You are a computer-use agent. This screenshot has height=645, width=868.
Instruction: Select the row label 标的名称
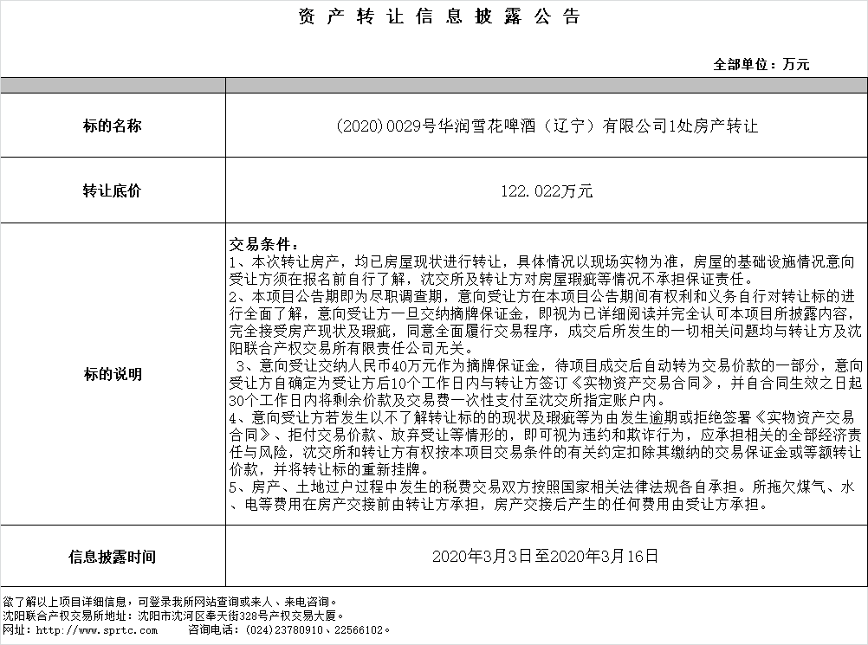click(x=112, y=126)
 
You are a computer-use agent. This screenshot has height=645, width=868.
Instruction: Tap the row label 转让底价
click(x=112, y=191)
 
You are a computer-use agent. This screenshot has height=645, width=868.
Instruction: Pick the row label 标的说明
click(x=112, y=374)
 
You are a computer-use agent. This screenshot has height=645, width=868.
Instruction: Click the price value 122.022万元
click(x=547, y=191)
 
